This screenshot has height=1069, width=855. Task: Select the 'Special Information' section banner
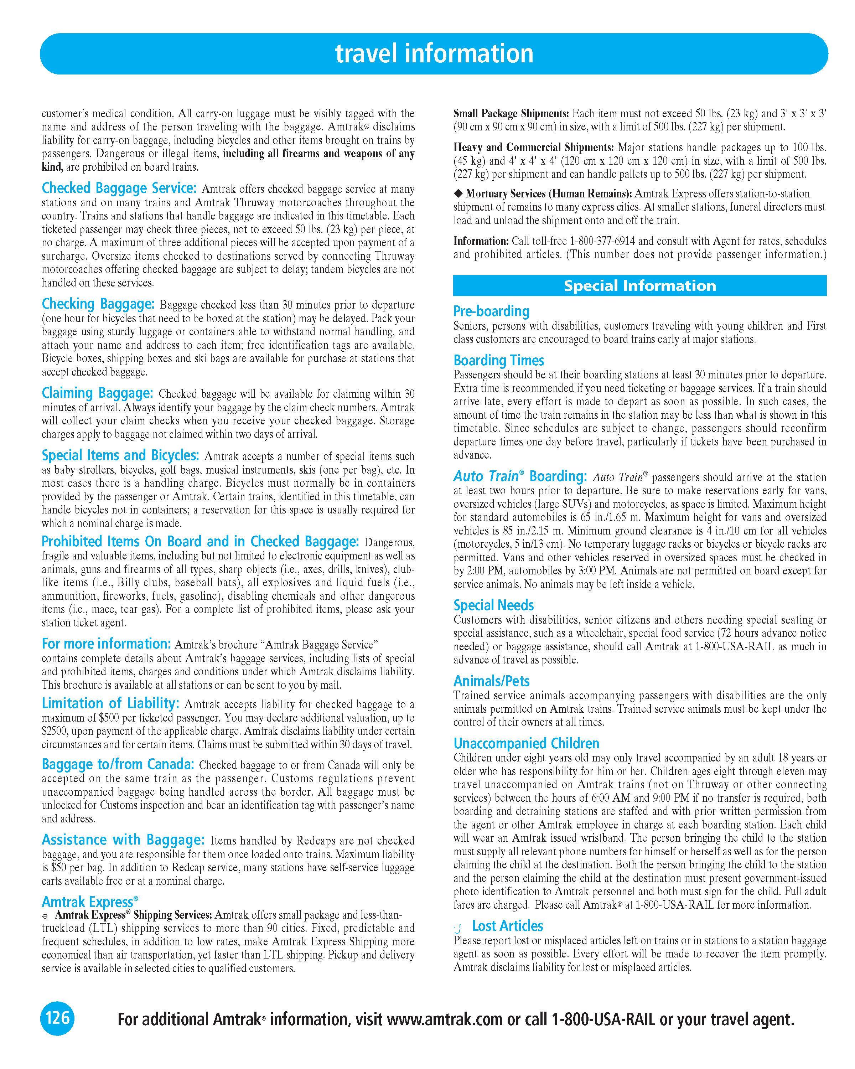[639, 285]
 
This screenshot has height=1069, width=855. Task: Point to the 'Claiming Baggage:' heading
[97, 393]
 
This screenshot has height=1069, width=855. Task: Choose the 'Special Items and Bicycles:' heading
[120, 455]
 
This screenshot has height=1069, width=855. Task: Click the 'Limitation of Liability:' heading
[110, 703]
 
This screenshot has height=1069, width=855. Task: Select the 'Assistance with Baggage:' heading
[123, 840]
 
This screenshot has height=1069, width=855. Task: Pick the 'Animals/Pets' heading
[491, 681]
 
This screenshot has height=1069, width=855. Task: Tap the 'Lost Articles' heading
[507, 926]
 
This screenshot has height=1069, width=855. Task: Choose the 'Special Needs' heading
[493, 605]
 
